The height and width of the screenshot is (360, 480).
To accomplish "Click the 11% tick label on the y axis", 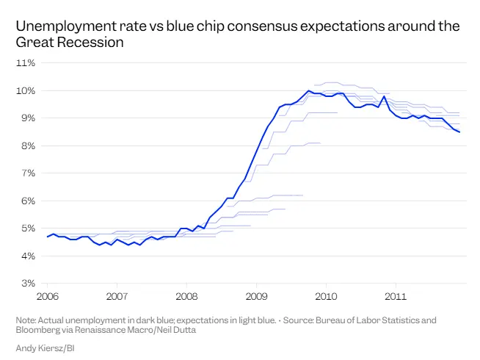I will [x=26, y=63].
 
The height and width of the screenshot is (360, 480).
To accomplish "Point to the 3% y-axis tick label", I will [x=28, y=284].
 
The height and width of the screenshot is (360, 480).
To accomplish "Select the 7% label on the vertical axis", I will [x=28, y=173].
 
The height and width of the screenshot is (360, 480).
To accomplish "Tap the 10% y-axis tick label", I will [x=26, y=90].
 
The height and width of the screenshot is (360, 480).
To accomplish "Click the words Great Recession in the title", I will [x=69, y=43].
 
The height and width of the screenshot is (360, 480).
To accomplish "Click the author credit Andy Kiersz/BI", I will [x=45, y=347].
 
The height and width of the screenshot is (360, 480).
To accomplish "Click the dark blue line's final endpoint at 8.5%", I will [x=459, y=132].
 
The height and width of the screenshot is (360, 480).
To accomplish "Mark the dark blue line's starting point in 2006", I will [x=48, y=237].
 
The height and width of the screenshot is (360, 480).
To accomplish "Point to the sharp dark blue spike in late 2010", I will [x=384, y=96].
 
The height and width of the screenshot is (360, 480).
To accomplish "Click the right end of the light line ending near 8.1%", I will [x=321, y=143].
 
